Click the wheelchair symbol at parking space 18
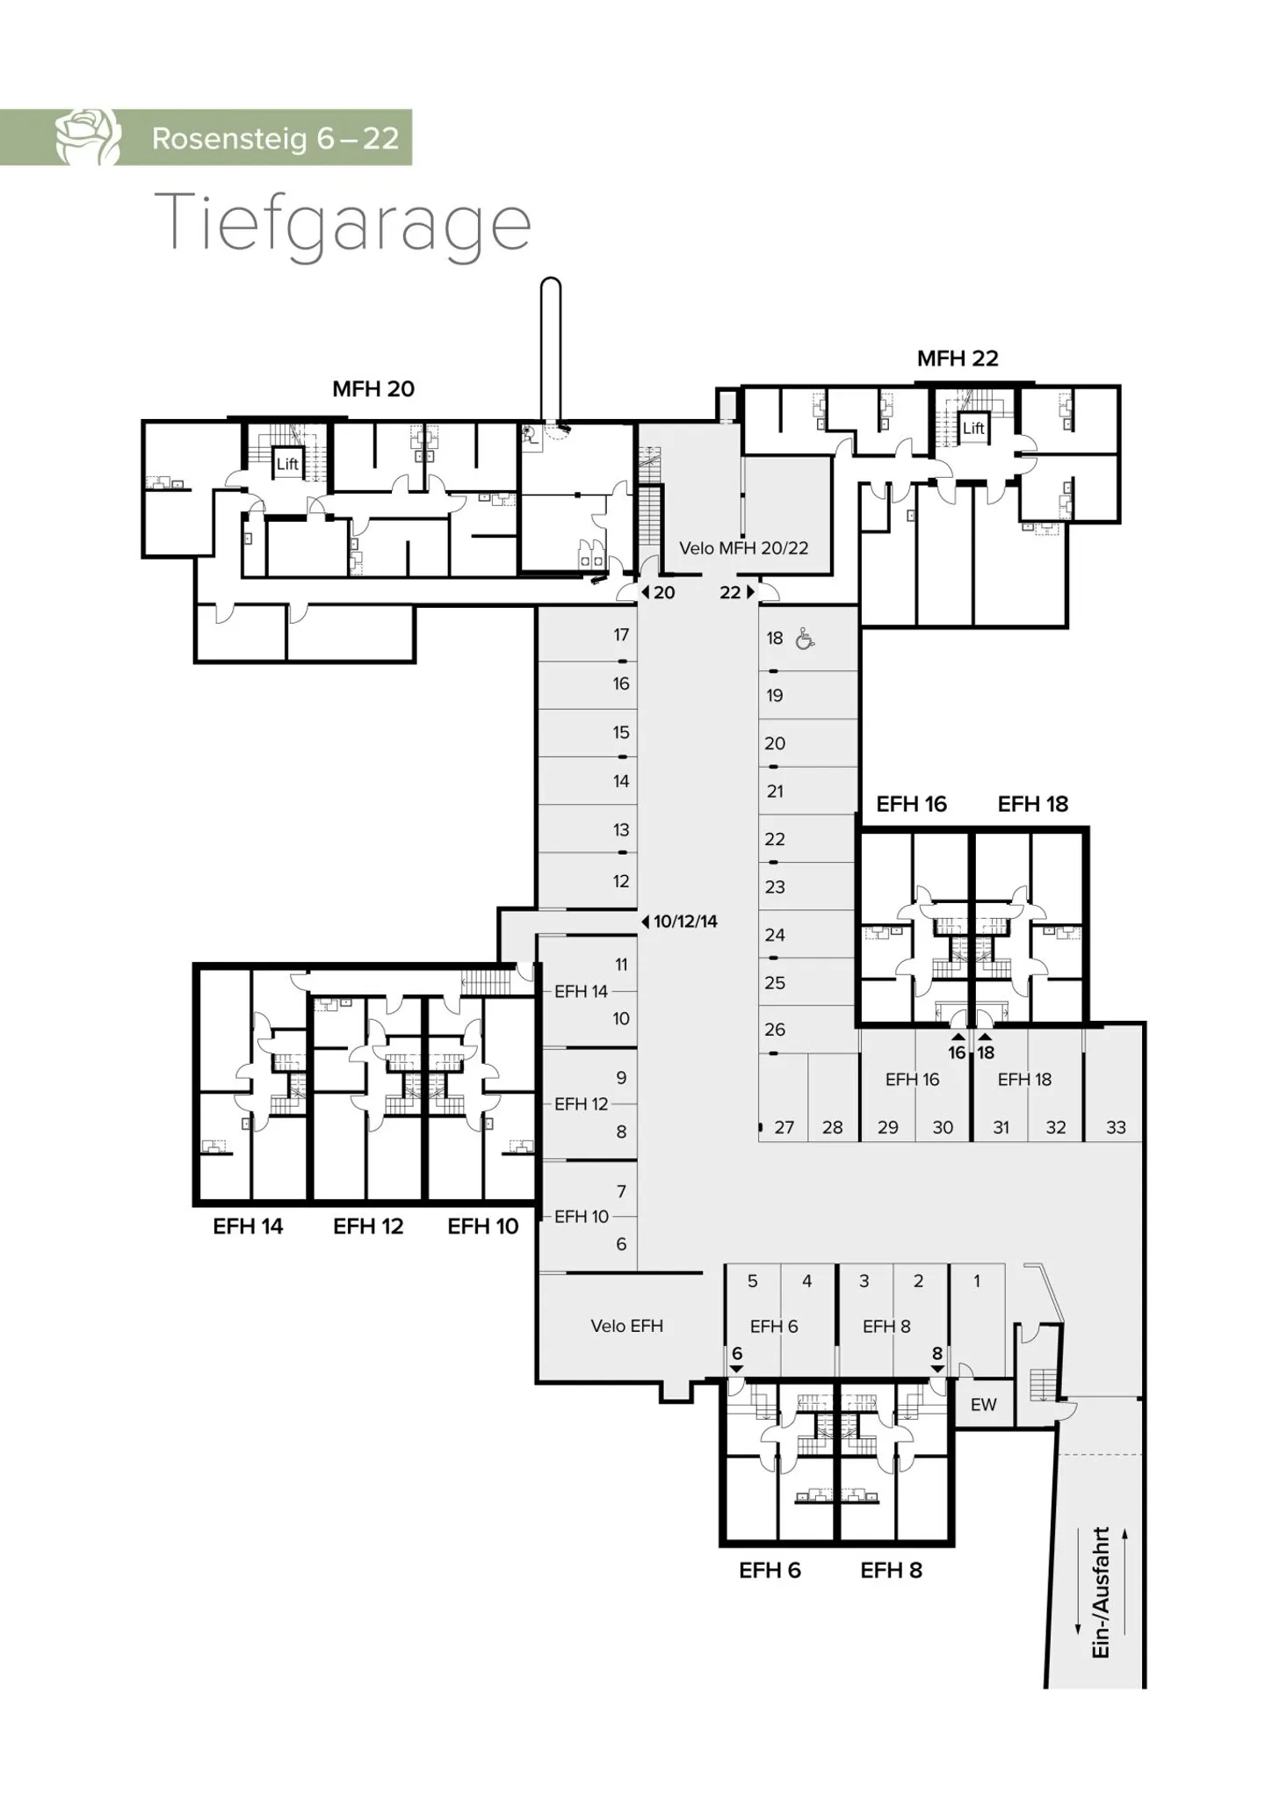(804, 639)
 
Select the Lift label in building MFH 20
(287, 464)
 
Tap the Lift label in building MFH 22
(972, 428)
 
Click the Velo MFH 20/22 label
(743, 548)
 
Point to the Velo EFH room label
(626, 1326)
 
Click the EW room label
(983, 1405)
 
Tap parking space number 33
(1116, 1127)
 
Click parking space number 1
(976, 1281)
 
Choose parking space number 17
(621, 634)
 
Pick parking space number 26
(774, 1029)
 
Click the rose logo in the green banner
(88, 137)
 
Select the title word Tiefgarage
(343, 223)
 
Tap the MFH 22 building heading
(958, 358)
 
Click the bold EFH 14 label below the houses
(248, 1226)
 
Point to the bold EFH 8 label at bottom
(891, 1571)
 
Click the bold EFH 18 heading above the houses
(1032, 804)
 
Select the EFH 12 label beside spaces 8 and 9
(581, 1104)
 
